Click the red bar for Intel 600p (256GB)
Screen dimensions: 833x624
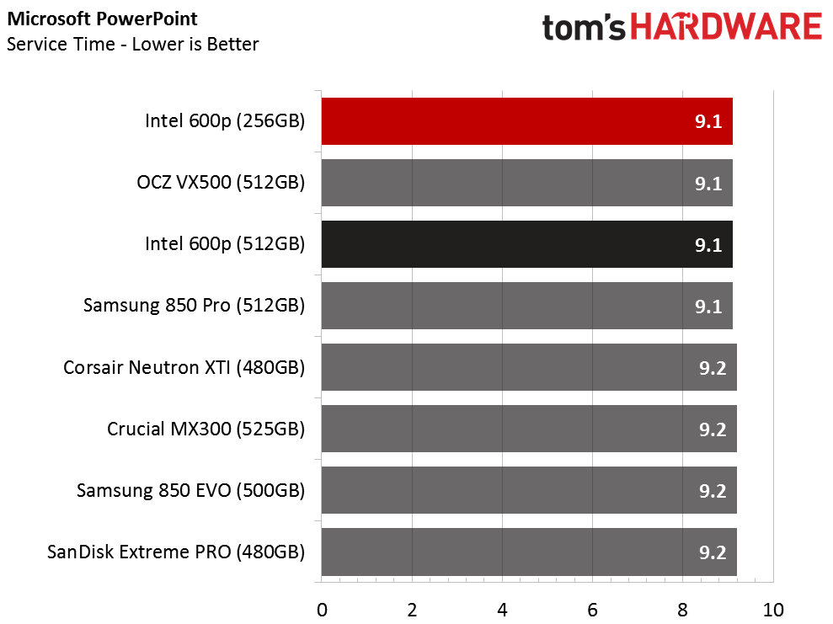527,121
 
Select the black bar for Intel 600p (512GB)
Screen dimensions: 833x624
527,244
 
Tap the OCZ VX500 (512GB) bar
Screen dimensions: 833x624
527,183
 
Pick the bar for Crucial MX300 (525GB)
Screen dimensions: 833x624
529,429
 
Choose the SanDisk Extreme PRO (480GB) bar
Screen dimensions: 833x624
529,552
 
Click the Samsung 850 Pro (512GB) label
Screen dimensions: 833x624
194,306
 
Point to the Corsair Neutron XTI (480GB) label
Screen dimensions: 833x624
184,367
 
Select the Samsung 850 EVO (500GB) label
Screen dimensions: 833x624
190,491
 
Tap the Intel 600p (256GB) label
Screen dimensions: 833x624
225,121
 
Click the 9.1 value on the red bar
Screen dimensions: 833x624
708,121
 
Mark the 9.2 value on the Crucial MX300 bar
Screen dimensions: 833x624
713,429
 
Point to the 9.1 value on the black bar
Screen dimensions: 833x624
708,245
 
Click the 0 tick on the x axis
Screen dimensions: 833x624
322,611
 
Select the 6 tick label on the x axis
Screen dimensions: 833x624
592,611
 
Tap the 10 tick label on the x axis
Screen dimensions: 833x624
773,611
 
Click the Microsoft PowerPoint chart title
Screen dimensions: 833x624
102,19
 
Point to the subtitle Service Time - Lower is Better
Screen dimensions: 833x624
133,44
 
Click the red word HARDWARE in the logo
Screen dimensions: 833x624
726,28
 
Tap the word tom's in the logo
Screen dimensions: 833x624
584,28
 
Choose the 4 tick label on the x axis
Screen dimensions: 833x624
502,611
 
